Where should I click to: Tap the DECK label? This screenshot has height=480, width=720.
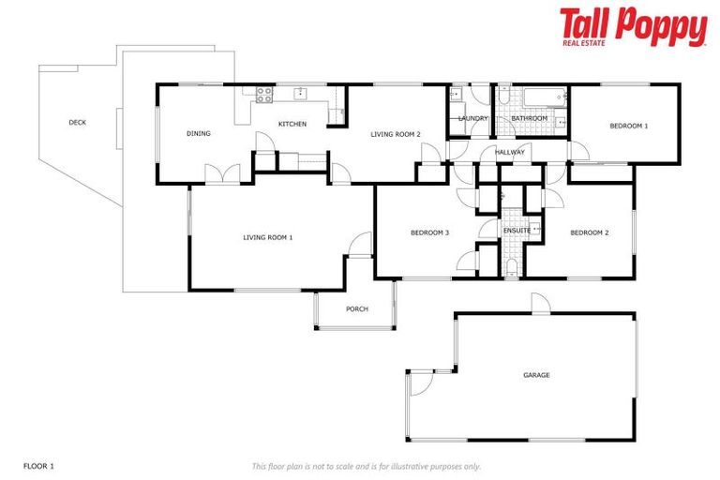click(x=78, y=122)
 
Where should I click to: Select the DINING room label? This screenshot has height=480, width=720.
click(x=198, y=133)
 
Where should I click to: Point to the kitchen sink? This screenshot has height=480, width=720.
click(x=301, y=93)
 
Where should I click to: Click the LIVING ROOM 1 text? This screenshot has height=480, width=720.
click(x=268, y=237)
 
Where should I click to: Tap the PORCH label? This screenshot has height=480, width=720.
click(x=356, y=308)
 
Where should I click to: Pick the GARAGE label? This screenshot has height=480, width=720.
click(x=536, y=375)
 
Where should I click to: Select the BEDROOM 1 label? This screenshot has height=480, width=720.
click(x=628, y=126)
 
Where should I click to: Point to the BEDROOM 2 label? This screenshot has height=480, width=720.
click(x=590, y=232)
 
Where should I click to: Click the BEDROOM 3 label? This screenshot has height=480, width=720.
click(x=430, y=232)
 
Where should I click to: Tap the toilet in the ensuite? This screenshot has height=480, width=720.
click(x=511, y=268)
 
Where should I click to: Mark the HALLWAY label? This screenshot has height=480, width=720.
click(x=510, y=152)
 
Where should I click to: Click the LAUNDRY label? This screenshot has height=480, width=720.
click(x=472, y=118)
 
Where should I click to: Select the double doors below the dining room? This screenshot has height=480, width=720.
click(x=222, y=175)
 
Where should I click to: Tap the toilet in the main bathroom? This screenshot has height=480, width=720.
click(x=503, y=97)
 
